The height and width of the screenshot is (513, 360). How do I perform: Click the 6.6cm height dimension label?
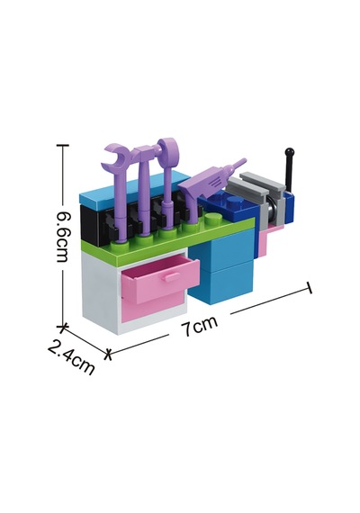[62, 237]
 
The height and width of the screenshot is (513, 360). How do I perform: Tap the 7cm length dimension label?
[200, 325]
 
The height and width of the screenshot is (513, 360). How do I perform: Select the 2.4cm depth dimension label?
[71, 356]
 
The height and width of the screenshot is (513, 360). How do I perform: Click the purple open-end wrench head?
[115, 156]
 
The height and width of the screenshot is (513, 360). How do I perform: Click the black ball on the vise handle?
[290, 152]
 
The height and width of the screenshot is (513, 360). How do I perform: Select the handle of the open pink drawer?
[170, 277]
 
